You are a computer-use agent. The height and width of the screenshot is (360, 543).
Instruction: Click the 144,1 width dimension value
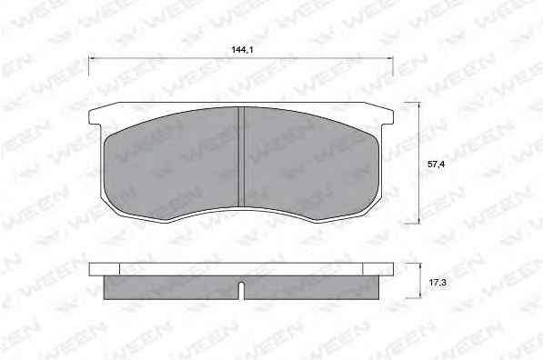pyautogui.click(x=243, y=50)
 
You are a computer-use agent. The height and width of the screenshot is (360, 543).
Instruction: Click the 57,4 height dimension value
pyautogui.click(x=436, y=165)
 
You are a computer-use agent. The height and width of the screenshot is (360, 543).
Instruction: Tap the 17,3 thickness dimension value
pyautogui.click(x=437, y=283)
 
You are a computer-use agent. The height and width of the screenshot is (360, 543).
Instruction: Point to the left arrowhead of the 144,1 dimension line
pyautogui.click(x=92, y=58)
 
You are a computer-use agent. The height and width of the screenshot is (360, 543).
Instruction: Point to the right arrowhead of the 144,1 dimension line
pyautogui.click(x=390, y=58)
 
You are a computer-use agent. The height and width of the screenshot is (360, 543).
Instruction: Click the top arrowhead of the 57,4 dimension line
pyautogui.click(x=419, y=105)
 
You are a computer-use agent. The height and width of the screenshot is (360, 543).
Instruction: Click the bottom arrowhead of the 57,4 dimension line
pyautogui.click(x=419, y=221)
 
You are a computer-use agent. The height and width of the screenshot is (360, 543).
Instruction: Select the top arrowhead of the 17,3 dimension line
pyautogui.click(x=420, y=265)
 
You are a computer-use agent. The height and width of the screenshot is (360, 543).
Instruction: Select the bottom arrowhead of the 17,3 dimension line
pyautogui.click(x=420, y=295)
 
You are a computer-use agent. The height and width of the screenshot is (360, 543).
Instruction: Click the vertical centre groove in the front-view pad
pyautogui.click(x=242, y=157)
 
